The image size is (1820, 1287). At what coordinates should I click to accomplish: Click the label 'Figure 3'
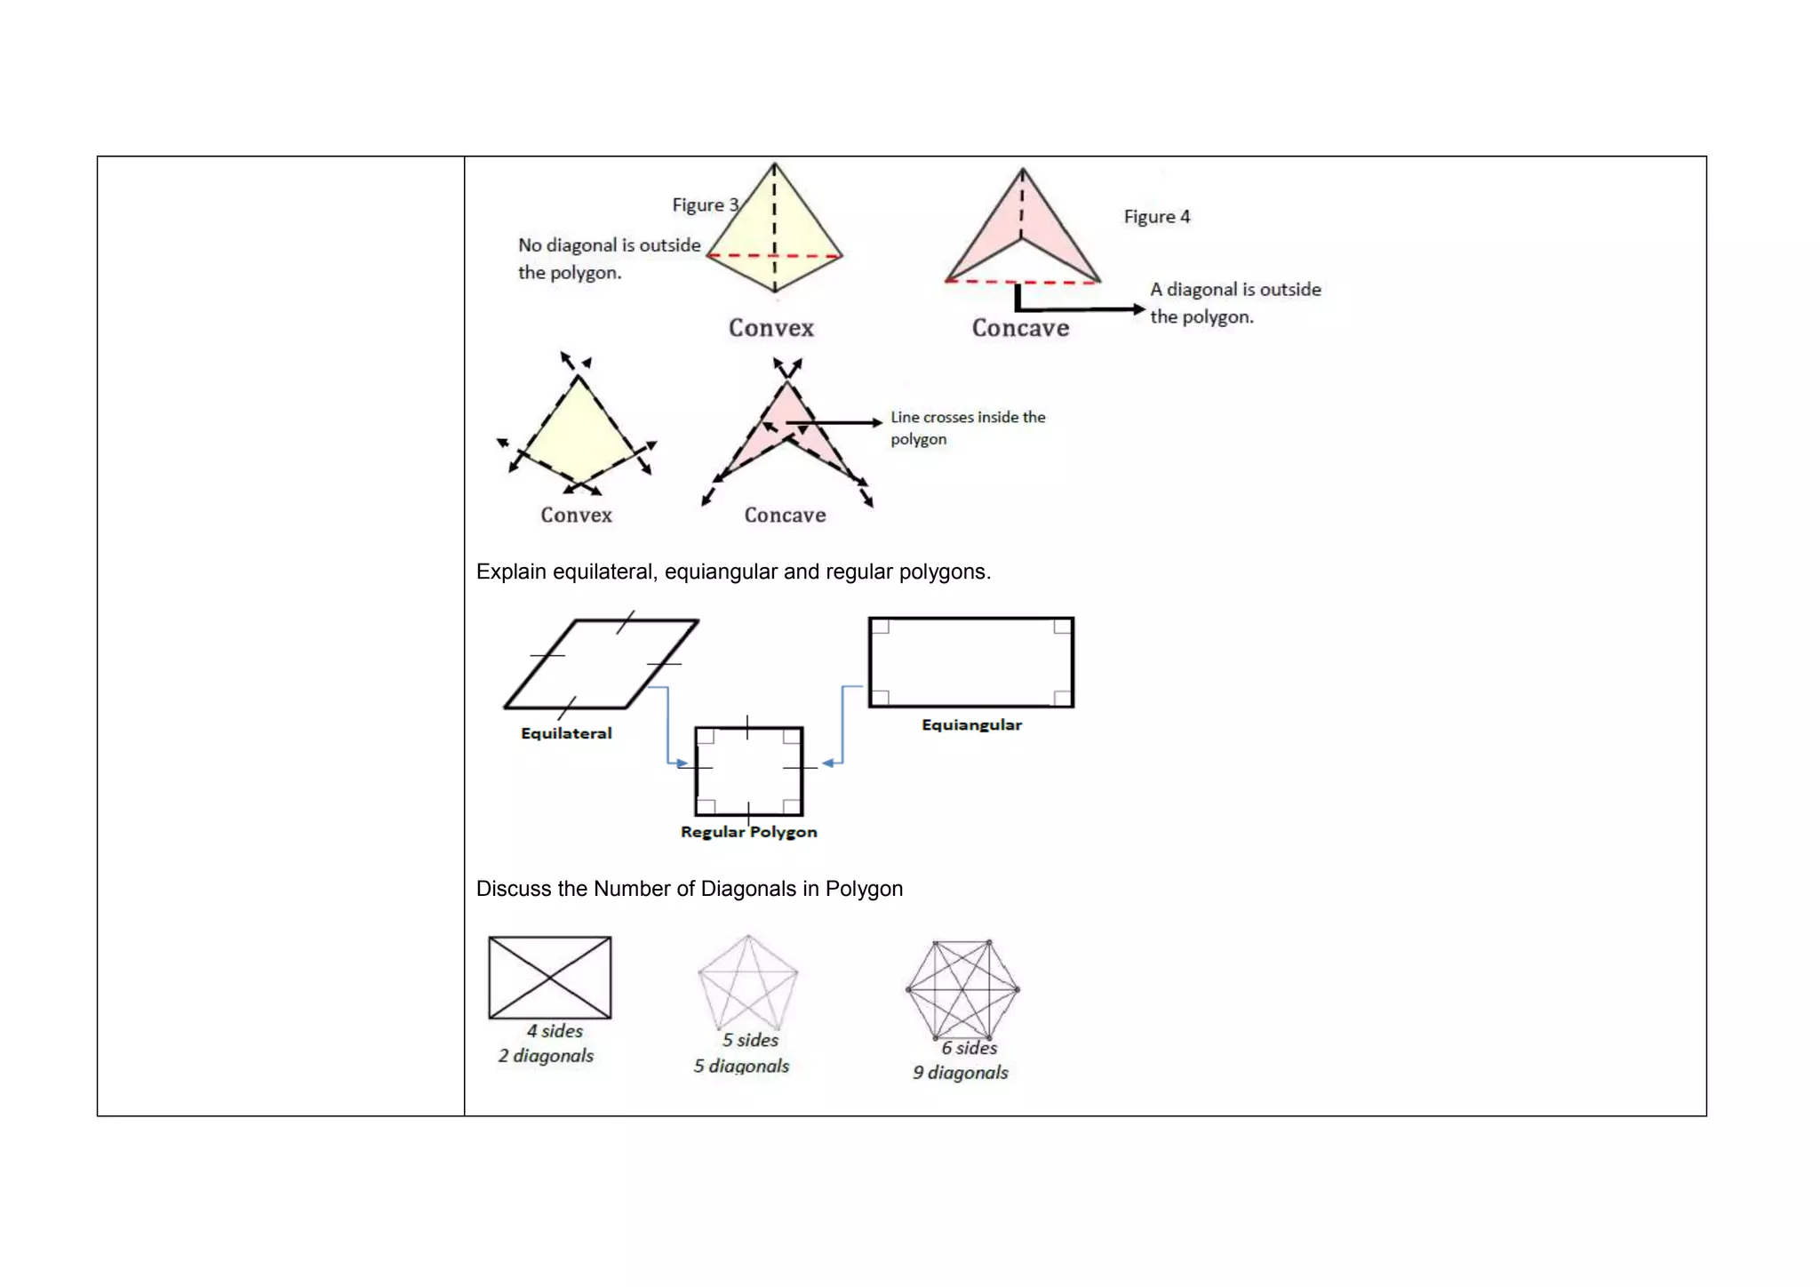tap(705, 205)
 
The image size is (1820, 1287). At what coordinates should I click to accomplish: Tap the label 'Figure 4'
tap(1156, 217)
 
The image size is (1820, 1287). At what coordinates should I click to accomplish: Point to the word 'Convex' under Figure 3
tap(770, 328)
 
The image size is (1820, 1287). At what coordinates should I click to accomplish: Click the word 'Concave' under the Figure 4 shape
tap(1020, 328)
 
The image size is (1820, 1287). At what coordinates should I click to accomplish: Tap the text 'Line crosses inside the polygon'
tap(967, 428)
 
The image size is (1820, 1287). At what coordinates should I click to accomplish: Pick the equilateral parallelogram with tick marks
tap(602, 664)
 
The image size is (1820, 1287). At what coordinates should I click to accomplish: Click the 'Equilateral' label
tap(566, 733)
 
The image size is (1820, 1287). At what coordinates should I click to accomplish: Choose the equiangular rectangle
tap(970, 662)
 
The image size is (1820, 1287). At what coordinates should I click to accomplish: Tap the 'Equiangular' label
tap(971, 725)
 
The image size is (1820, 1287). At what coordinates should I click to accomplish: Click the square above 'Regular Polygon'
tap(748, 771)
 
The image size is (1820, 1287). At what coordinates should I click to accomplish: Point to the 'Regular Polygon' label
tap(748, 832)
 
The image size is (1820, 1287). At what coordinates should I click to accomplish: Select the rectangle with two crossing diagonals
tap(550, 977)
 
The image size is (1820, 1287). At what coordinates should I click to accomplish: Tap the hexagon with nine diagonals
tap(962, 989)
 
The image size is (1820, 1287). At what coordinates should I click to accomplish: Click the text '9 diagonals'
tap(960, 1073)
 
